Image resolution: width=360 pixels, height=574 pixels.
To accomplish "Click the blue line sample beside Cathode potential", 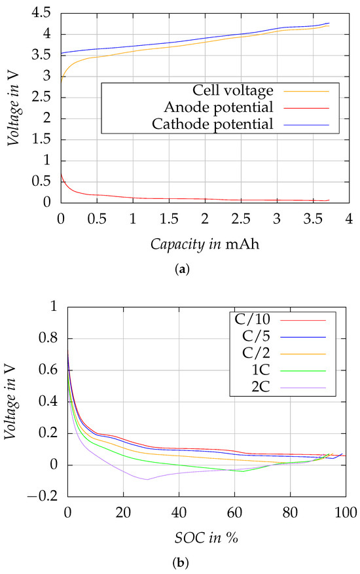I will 310,123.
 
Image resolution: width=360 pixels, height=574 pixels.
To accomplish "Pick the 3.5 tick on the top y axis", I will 46,56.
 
